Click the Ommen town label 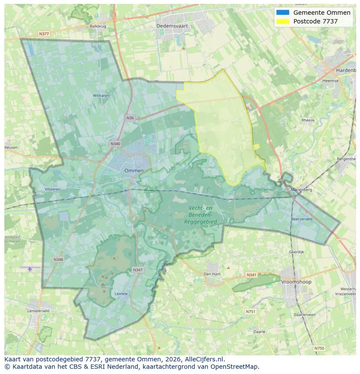coord(133,171)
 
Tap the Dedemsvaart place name coord(172,26)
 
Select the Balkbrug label coord(98,26)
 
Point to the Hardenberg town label coord(346,70)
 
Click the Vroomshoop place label coord(297,282)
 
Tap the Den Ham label coord(212,274)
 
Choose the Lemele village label coord(121,294)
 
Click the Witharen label coord(101,95)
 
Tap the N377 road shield coord(43,33)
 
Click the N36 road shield coord(130,118)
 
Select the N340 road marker coord(115,144)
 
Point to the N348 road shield coord(58,259)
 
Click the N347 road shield coord(137,270)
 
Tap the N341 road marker coord(251,275)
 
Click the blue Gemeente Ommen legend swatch coord(283,13)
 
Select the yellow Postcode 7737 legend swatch coord(283,21)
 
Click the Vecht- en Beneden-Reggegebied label coord(200,215)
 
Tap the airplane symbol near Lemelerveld coord(30,269)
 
